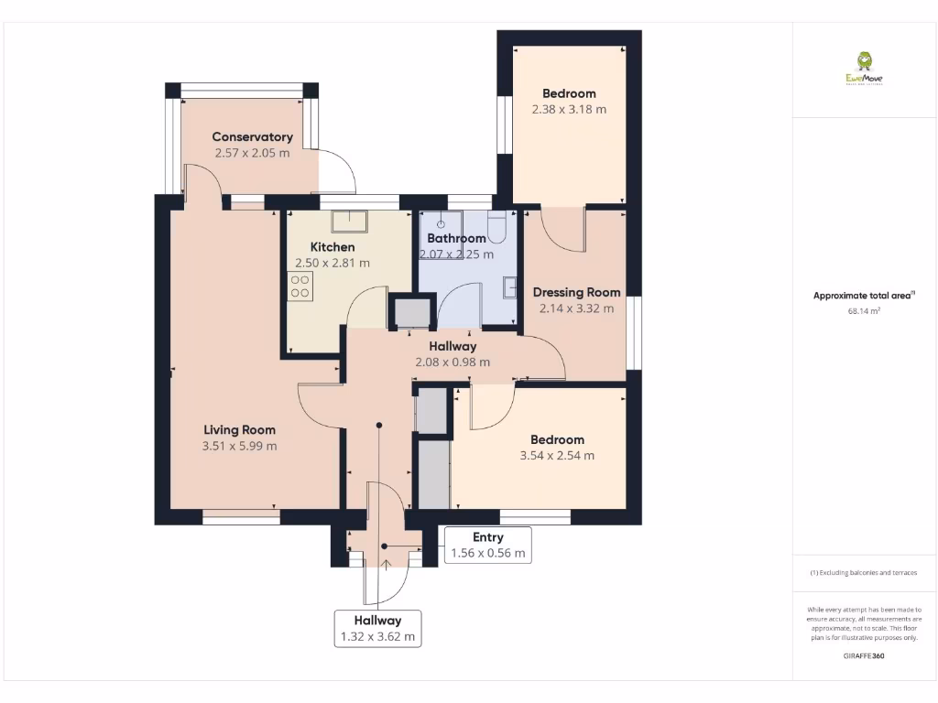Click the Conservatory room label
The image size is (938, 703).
click(x=252, y=137)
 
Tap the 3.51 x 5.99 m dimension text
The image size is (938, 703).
click(x=239, y=447)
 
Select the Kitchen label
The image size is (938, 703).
click(x=332, y=247)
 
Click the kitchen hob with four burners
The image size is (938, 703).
click(x=300, y=286)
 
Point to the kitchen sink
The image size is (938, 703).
click(x=350, y=221)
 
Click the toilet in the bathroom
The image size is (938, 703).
click(x=497, y=224)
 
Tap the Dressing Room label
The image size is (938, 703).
click(x=576, y=293)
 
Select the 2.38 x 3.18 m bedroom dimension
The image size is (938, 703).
click(x=569, y=109)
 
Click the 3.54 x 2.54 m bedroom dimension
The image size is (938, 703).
click(x=556, y=456)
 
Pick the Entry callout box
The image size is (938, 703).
click(x=487, y=545)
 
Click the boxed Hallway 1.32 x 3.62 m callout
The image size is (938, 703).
click(x=377, y=629)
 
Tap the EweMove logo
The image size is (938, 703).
click(x=865, y=68)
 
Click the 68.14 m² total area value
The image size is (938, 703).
click(x=865, y=311)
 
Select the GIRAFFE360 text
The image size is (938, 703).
click(x=865, y=655)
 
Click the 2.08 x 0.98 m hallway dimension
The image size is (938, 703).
click(x=453, y=362)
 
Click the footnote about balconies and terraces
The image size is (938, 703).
click(x=865, y=573)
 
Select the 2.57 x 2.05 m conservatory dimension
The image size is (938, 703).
click(x=252, y=153)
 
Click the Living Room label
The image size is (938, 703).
click(x=239, y=430)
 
